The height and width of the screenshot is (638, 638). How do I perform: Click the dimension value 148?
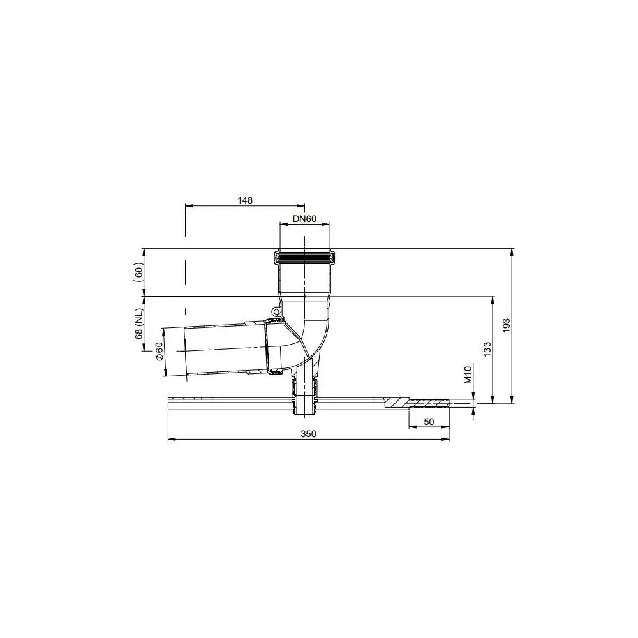244,200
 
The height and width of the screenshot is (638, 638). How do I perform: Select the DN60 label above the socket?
305,218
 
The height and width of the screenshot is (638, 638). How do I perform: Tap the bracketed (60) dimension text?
138,272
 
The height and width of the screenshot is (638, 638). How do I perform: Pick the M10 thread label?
467,375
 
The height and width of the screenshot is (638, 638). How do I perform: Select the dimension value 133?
487,350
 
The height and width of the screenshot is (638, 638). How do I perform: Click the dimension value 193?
507,326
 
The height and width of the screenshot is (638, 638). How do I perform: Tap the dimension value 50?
428,422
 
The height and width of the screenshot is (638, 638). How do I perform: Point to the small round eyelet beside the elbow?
276,312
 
